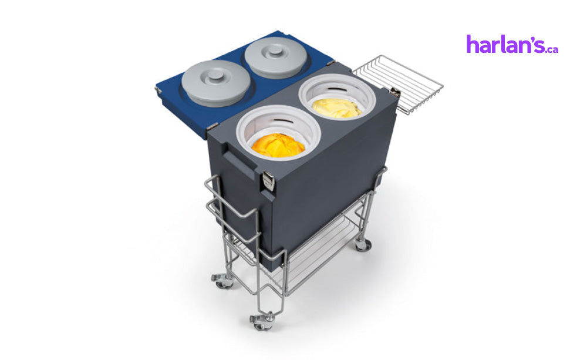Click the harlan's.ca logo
tap(512, 44)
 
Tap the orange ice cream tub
tap(278, 146)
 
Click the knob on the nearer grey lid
tap(215, 75)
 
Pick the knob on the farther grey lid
tap(275, 50)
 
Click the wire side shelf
tap(397, 83)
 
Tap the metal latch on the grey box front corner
tap(268, 180)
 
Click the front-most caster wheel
tap(261, 322)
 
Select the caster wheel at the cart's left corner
tap(222, 281)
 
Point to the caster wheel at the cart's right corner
tap(362, 244)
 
